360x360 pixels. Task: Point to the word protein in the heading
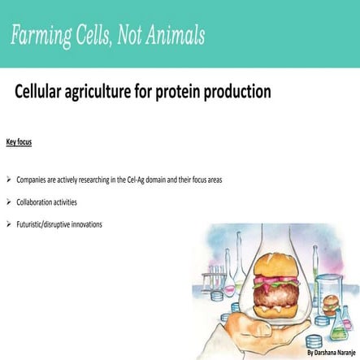[183, 92]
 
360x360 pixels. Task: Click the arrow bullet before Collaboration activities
[8, 202]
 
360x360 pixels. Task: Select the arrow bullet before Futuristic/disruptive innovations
[8, 223]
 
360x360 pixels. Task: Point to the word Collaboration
[35, 202]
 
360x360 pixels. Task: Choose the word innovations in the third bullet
[85, 223]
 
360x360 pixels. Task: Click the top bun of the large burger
[256, 265]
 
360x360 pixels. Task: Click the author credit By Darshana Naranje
[333, 353]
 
